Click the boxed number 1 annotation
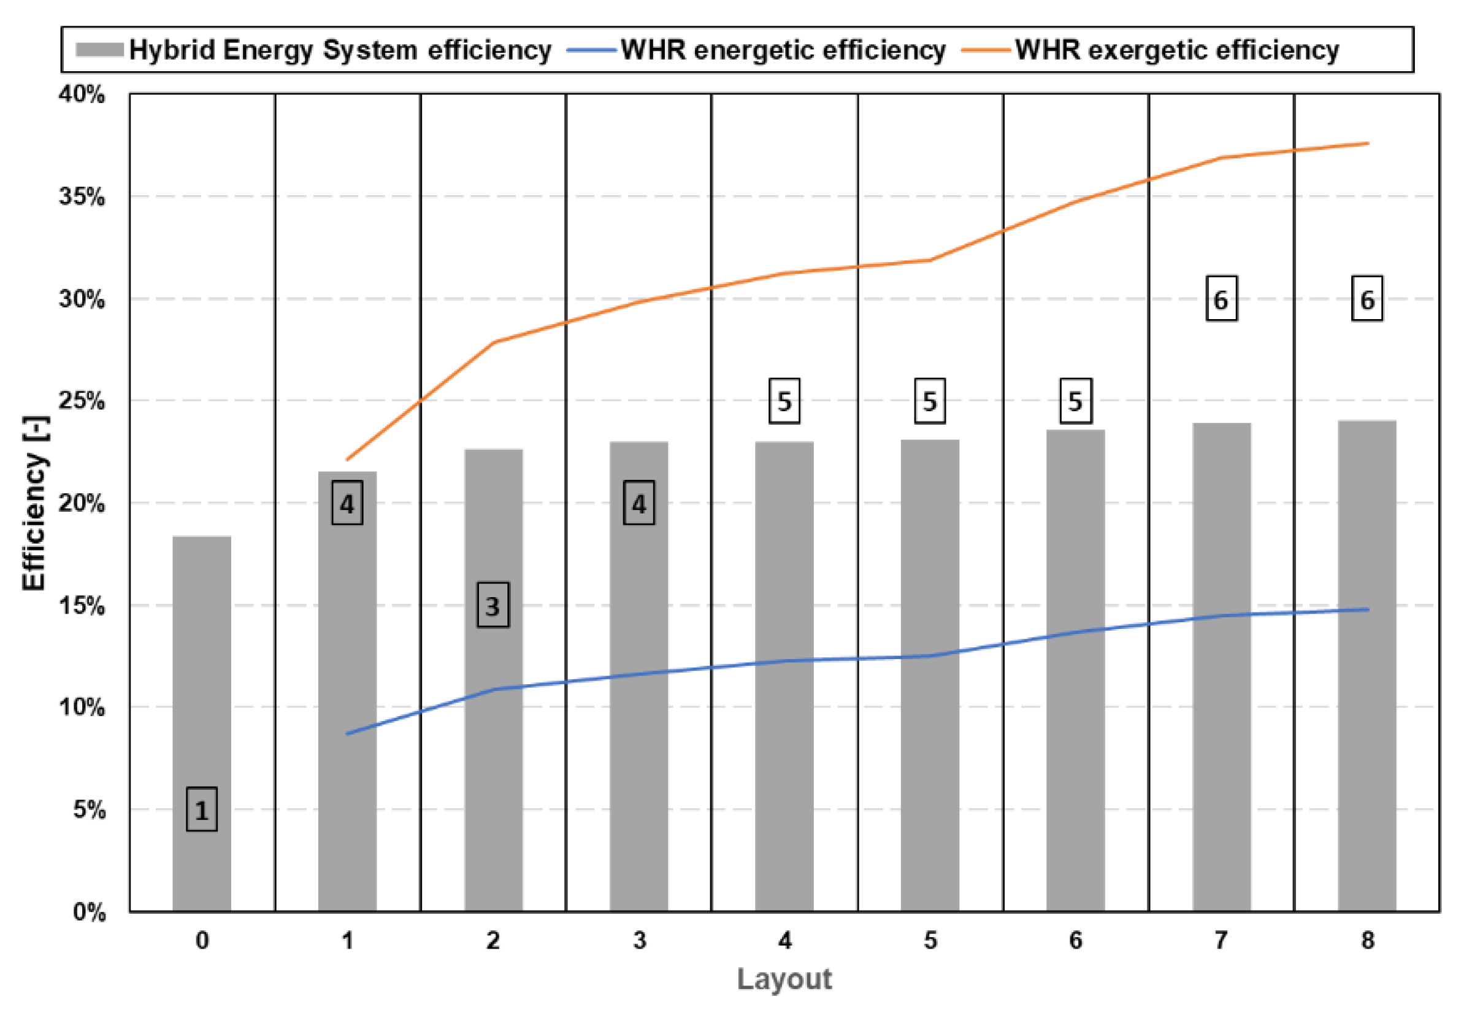click(201, 810)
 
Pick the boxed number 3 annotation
click(493, 605)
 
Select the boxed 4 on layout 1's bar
click(347, 504)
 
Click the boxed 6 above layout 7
click(1221, 299)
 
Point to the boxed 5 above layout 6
click(1075, 401)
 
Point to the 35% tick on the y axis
click(82, 196)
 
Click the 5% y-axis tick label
click(89, 809)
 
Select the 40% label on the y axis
click(82, 94)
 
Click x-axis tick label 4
click(784, 941)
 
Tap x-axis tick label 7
click(1221, 941)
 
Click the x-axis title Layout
click(784, 979)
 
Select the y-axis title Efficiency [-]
click(34, 503)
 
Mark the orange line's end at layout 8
click(1368, 143)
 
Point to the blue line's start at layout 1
click(347, 733)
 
